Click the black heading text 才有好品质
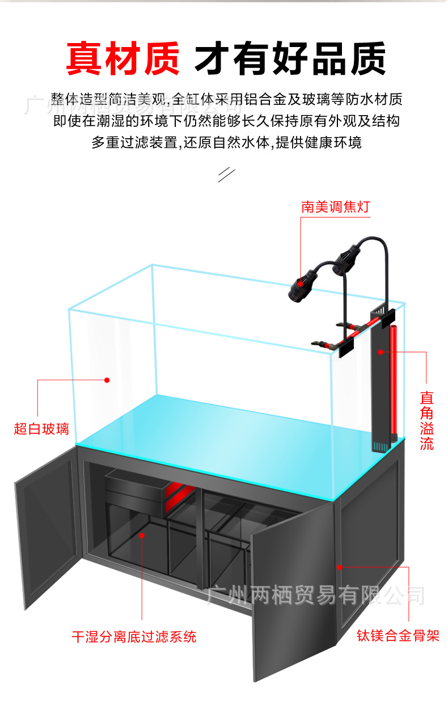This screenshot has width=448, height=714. click(290, 58)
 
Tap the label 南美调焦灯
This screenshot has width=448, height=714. click(335, 207)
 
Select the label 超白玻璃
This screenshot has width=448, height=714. click(41, 428)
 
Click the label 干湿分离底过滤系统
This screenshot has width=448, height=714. click(134, 636)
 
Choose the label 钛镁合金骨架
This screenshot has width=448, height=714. click(398, 635)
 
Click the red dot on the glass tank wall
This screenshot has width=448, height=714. click(107, 380)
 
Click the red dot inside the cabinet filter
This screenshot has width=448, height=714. click(142, 534)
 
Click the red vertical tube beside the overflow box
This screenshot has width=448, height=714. click(393, 385)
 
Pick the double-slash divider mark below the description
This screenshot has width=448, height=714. click(226, 175)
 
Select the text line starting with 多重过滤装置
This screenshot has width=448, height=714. click(226, 142)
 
